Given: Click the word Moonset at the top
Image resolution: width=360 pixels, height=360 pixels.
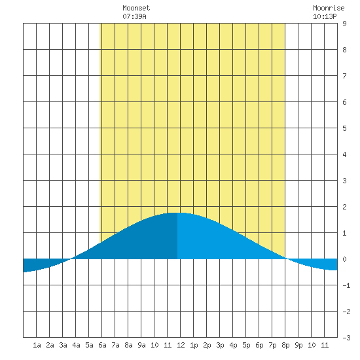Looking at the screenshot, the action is (x=136, y=8).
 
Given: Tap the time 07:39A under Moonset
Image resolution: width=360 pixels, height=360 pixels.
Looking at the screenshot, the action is (x=134, y=16).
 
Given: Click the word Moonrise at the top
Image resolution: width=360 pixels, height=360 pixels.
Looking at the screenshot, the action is (x=329, y=8).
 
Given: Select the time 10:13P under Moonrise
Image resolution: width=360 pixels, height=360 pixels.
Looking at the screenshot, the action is (x=325, y=16).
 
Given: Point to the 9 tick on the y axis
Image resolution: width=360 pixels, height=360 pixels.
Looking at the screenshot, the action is (x=344, y=24).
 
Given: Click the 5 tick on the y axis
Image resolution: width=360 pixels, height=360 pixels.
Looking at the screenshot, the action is (x=344, y=128).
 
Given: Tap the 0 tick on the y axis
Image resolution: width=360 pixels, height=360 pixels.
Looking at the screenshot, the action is (x=344, y=259).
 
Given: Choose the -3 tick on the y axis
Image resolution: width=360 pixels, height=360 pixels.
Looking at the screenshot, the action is (x=346, y=338).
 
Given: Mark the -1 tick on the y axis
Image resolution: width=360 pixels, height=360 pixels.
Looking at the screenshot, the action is (x=346, y=285).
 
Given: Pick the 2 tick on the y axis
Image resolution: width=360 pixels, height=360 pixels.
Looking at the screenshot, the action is (x=344, y=207).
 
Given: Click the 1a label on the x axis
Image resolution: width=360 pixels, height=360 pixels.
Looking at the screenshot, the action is (x=37, y=345).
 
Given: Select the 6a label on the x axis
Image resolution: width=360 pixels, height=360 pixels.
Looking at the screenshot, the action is (x=102, y=345).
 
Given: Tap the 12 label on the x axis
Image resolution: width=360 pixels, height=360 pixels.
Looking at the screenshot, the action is (x=181, y=345).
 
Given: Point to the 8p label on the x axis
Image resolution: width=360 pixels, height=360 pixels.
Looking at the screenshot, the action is (x=285, y=345).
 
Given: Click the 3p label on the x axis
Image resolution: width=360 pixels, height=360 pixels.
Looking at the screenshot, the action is (x=220, y=345).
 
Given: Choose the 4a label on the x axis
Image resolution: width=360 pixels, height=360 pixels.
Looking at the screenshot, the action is (x=76, y=345).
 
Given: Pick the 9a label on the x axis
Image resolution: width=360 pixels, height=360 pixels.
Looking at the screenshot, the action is (x=141, y=345).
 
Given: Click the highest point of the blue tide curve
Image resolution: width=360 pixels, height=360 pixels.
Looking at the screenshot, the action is (x=177, y=213).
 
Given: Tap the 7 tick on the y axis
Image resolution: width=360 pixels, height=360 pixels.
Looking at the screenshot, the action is (x=344, y=76).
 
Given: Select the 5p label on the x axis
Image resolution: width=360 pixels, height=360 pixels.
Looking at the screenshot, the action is (x=246, y=345).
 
